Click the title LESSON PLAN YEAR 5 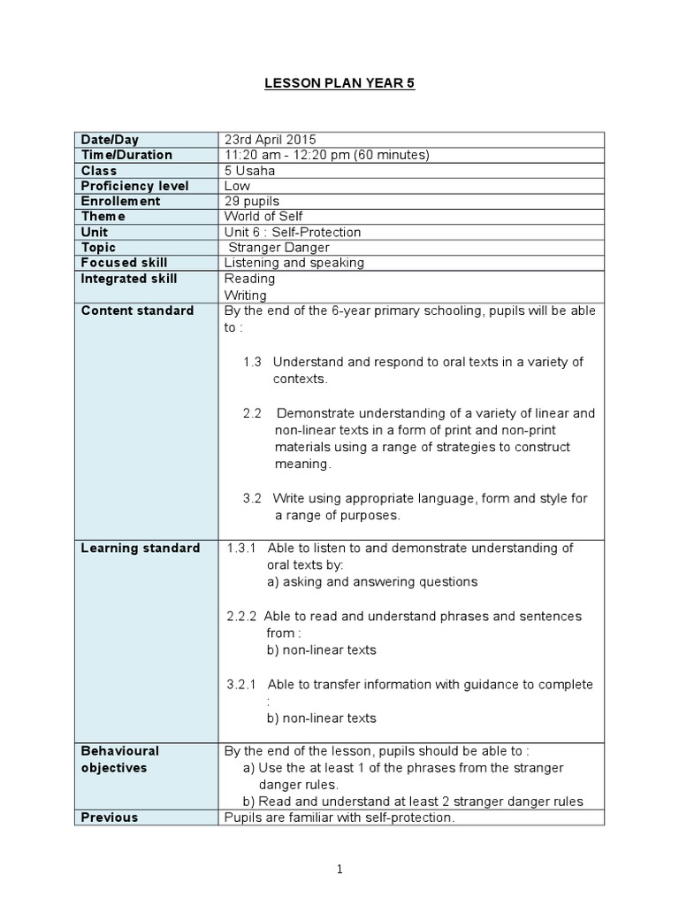click(x=339, y=84)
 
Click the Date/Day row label click(x=110, y=140)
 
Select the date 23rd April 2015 click(x=270, y=140)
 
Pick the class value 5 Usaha click(x=250, y=171)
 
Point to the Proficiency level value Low click(x=238, y=186)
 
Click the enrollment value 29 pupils click(x=252, y=201)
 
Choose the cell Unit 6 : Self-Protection click(x=293, y=232)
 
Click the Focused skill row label click(x=124, y=263)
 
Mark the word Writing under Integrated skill click(x=246, y=296)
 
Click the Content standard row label click(x=137, y=311)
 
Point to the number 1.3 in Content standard click(x=253, y=362)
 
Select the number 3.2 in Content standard click(x=253, y=498)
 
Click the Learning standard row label click(x=141, y=548)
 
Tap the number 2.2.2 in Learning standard click(x=241, y=616)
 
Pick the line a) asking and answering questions click(x=371, y=581)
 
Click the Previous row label click(x=110, y=818)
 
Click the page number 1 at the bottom click(x=339, y=870)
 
